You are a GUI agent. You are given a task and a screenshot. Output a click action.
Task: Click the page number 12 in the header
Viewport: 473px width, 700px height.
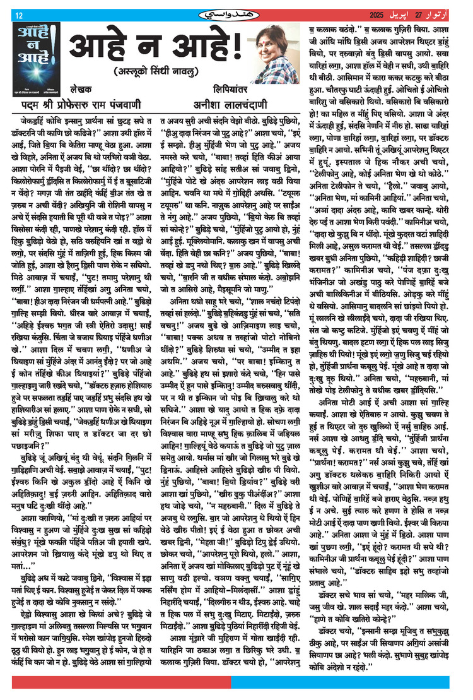coord(18,15)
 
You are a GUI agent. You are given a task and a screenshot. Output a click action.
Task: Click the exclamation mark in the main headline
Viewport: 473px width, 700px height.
coord(235,45)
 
